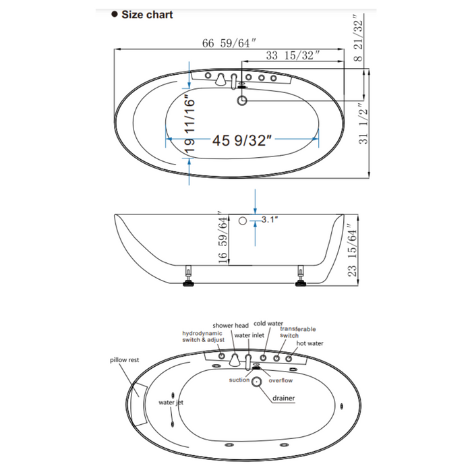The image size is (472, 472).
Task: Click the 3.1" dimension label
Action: point(270,219)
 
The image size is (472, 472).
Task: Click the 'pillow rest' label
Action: point(124,360)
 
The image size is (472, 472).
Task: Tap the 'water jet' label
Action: point(171,403)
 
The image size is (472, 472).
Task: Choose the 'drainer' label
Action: point(284,398)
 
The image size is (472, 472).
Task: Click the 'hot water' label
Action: point(309,343)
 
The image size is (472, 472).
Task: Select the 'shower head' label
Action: point(231,325)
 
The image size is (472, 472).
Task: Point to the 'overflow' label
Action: point(281,380)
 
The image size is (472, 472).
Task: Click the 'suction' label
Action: point(239,380)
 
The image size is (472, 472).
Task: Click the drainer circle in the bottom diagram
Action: point(257,382)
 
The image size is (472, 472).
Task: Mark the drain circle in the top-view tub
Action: point(243,101)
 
